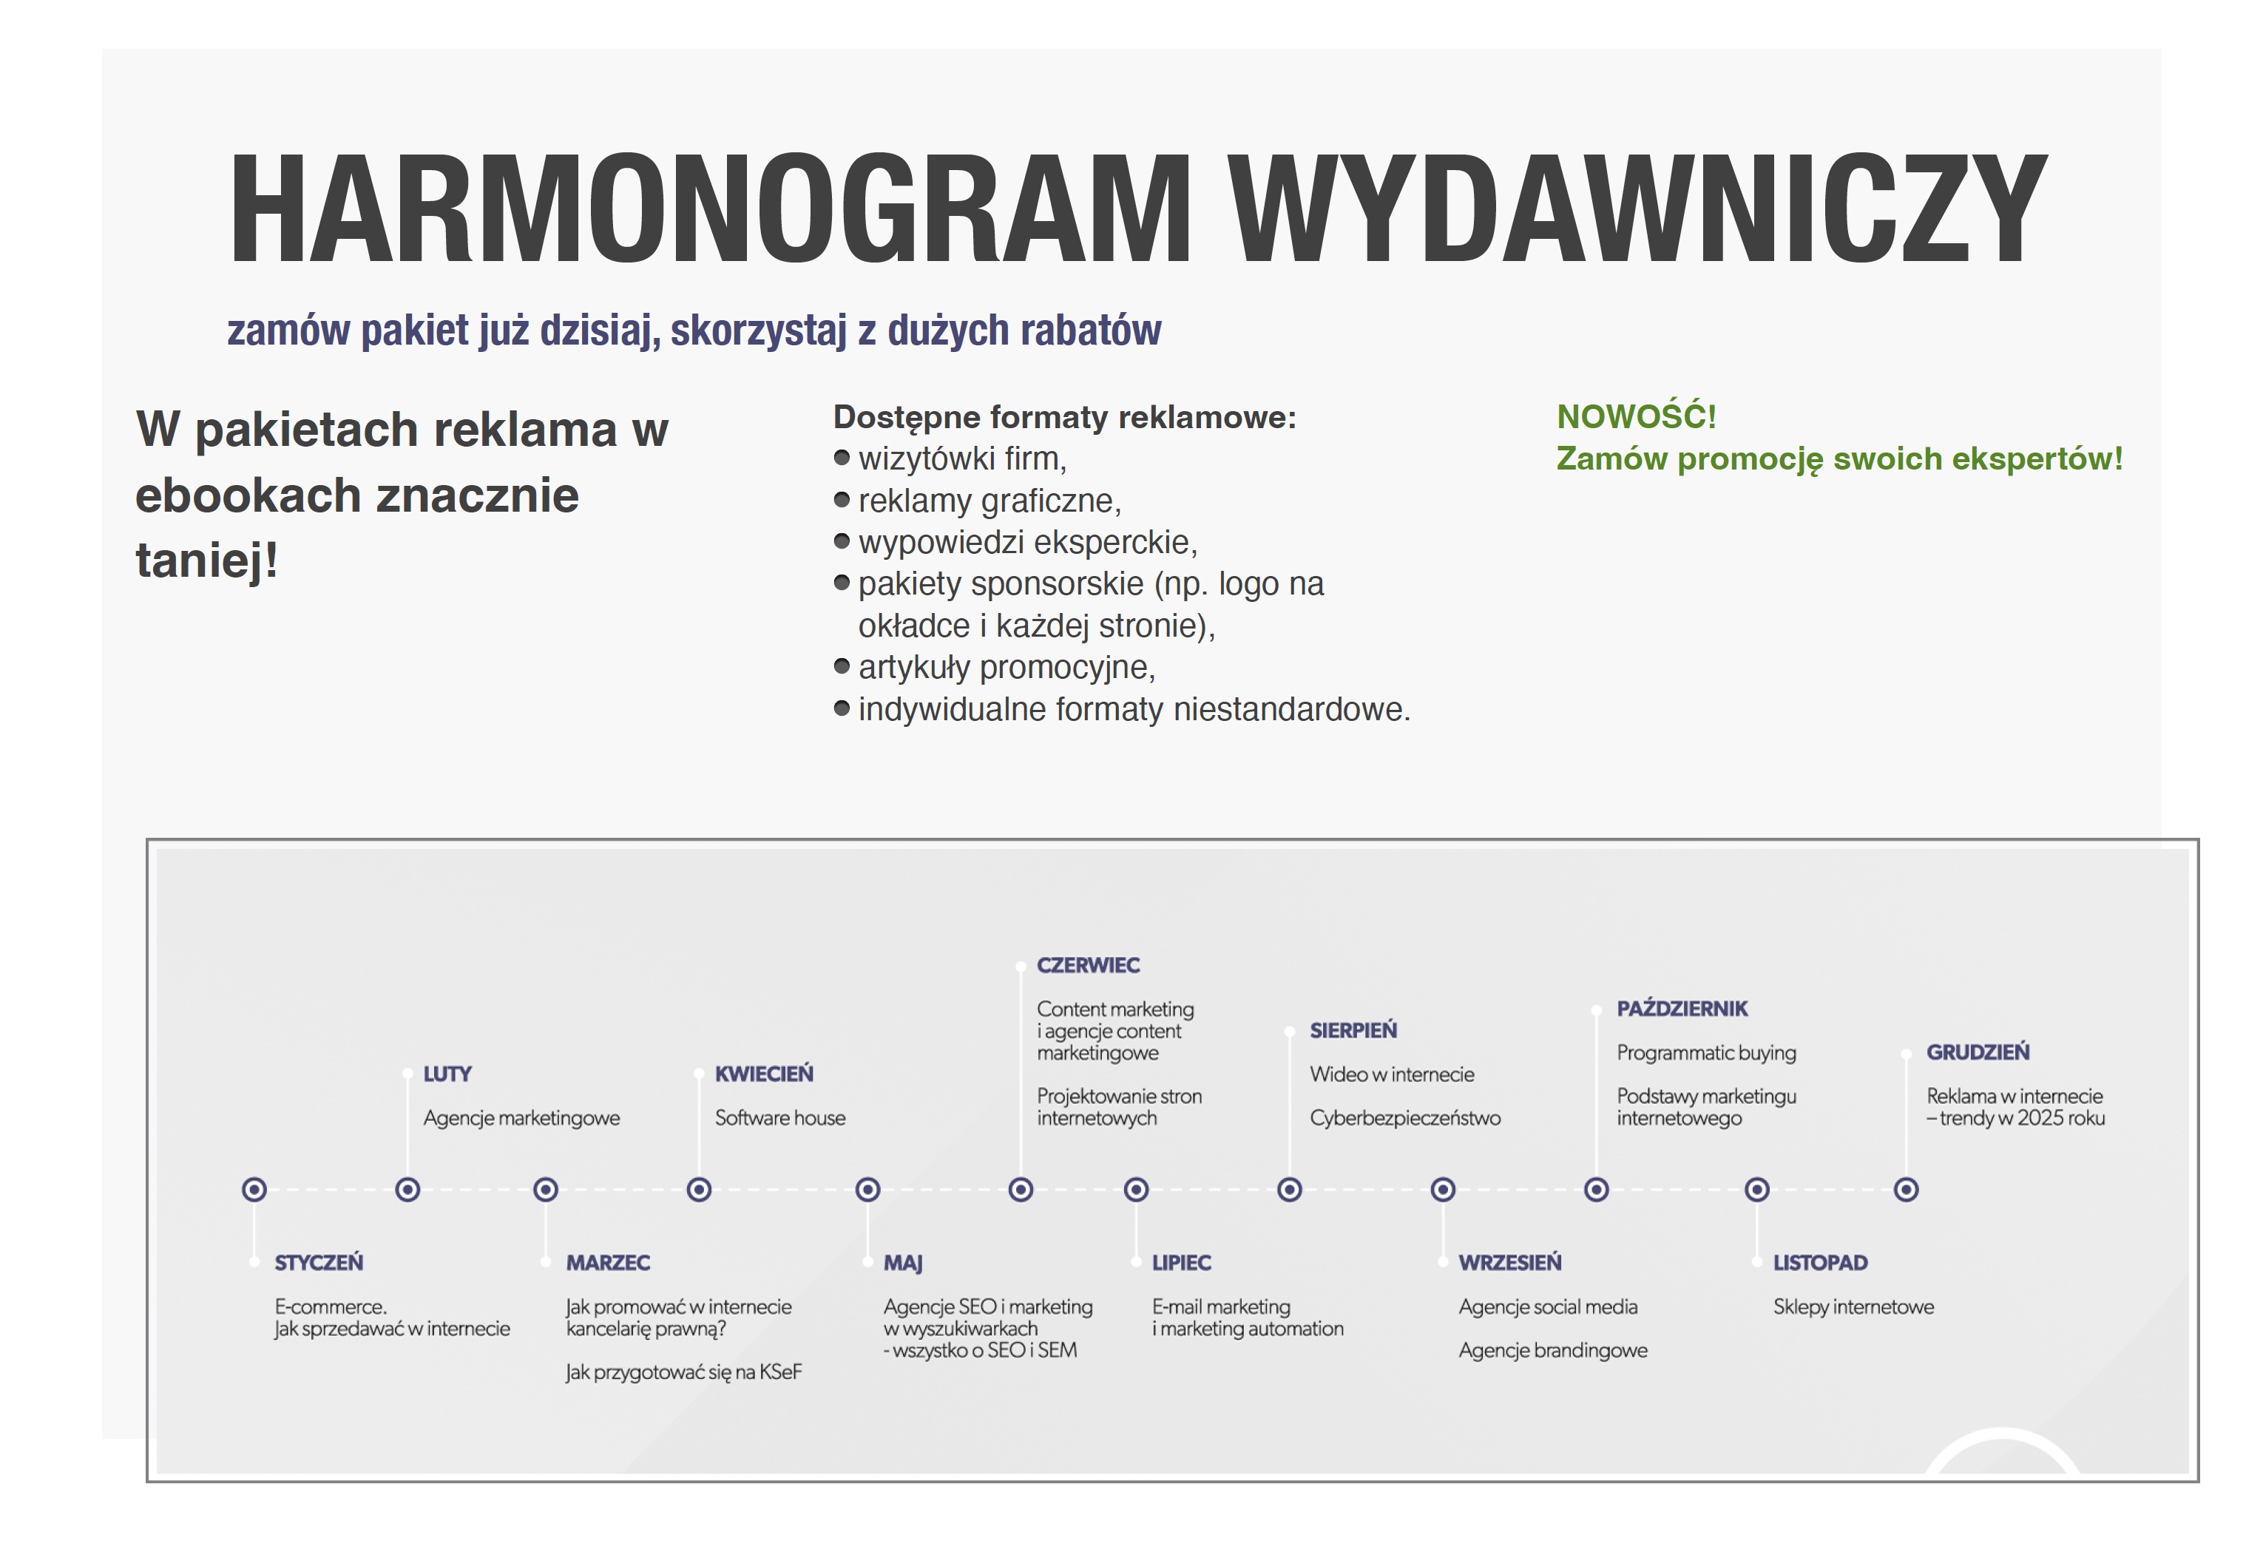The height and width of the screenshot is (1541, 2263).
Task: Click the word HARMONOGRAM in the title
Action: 710,209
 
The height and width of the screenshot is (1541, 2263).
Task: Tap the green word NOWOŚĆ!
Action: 1636,416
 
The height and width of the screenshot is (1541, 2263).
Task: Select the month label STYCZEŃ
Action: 319,1262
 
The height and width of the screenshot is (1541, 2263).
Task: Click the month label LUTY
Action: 447,1074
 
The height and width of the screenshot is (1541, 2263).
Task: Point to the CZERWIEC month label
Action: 1088,965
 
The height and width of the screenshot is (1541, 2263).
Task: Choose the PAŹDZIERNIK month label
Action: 1682,1009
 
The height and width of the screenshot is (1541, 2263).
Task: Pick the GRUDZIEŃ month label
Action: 1978,1052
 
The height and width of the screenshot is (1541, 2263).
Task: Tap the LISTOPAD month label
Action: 1820,1262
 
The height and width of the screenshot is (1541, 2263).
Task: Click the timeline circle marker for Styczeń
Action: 254,1190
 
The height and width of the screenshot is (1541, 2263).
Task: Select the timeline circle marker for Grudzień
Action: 1906,1190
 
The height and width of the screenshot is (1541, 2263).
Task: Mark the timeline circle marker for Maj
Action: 867,1190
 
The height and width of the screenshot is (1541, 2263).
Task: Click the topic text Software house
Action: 780,1117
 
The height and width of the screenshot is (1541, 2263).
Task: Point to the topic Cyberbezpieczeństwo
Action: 1405,1117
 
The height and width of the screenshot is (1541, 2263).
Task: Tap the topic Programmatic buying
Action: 1706,1052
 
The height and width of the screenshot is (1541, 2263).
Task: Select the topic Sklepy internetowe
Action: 1853,1307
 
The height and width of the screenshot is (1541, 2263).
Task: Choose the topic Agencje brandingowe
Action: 1553,1350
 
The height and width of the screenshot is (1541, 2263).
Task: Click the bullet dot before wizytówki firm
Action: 842,458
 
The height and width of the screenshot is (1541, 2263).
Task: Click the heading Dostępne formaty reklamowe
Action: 1064,416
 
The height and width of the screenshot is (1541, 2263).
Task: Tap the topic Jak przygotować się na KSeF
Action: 683,1372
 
